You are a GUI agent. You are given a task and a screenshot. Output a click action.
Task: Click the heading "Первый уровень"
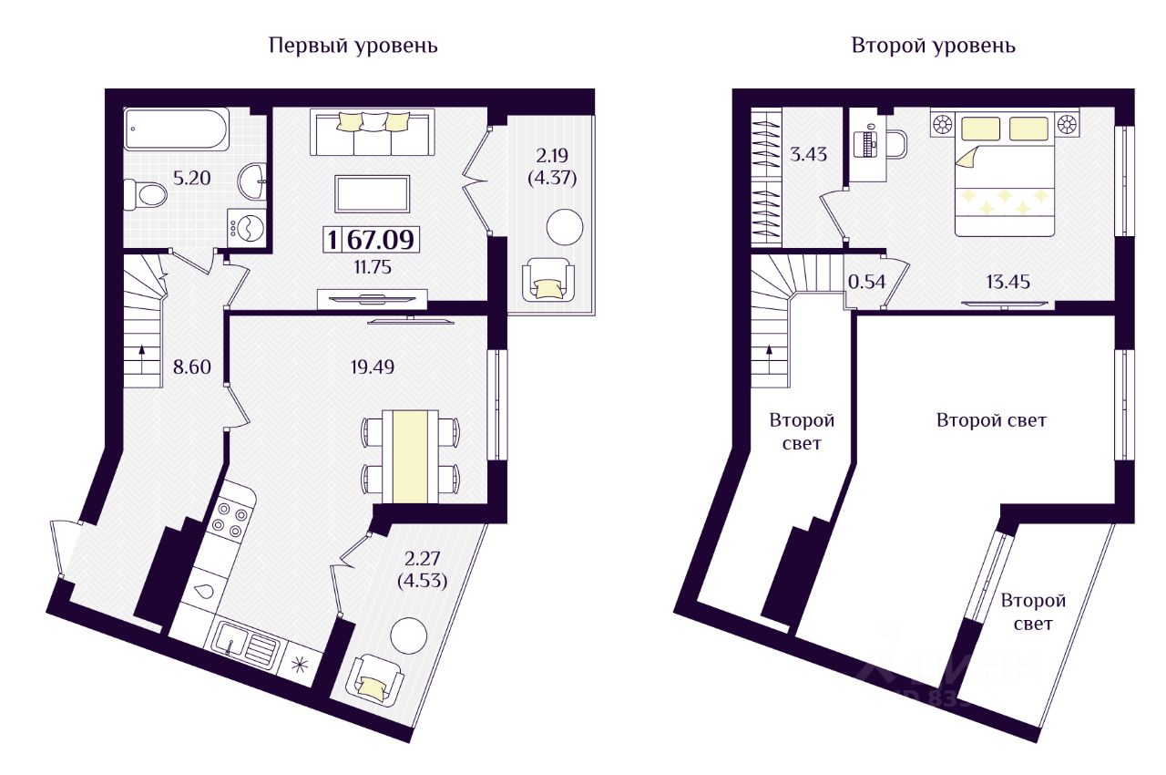tap(353, 46)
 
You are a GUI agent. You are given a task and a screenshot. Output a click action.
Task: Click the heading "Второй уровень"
tap(934, 46)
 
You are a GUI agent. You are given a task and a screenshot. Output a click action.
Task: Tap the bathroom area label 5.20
tap(191, 178)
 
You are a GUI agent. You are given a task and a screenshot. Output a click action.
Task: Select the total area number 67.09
tap(381, 240)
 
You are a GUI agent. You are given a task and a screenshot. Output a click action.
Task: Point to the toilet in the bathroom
tap(145, 193)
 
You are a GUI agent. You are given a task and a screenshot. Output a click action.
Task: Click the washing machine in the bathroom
tap(247, 227)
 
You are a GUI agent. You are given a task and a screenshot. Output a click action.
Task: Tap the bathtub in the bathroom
tap(177, 129)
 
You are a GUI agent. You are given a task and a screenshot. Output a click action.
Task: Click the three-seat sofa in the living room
tap(373, 132)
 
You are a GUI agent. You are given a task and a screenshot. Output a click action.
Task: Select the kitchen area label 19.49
tap(373, 367)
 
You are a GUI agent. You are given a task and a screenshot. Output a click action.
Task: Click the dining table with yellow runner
tap(410, 457)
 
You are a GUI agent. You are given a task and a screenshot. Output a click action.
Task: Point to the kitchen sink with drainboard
tap(247, 646)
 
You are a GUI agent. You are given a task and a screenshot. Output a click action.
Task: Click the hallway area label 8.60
tap(192, 367)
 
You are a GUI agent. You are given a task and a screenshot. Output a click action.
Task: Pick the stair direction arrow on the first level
tap(141, 358)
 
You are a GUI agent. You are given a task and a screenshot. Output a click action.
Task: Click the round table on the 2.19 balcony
tap(565, 227)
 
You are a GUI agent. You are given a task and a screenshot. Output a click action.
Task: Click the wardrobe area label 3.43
tap(808, 155)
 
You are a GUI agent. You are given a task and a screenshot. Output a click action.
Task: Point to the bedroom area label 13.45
tap(1007, 283)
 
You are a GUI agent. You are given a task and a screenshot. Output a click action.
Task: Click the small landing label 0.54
tap(866, 283)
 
